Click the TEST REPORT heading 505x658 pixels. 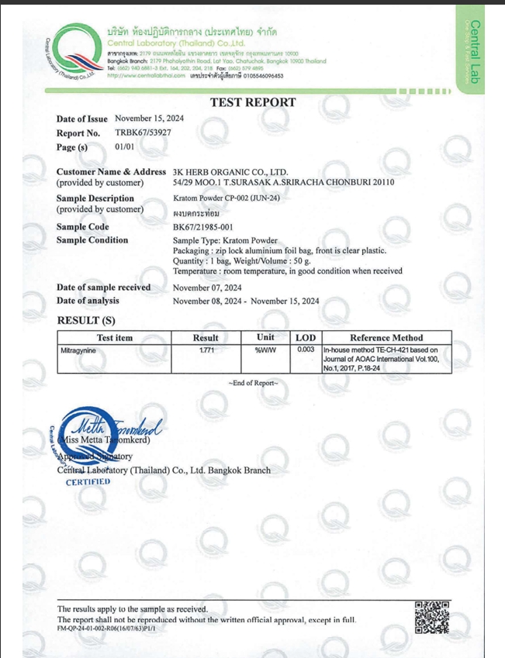click(253, 102)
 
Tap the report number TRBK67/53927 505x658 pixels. click(143, 133)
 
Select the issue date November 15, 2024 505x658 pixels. click(149, 119)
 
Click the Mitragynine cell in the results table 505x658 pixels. click(81, 351)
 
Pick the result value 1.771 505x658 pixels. click(206, 351)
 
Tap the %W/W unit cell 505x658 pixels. click(265, 351)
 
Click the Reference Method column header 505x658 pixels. click(386, 337)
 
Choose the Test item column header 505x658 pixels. click(115, 337)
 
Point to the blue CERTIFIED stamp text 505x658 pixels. click(88, 481)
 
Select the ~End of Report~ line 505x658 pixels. click(253, 384)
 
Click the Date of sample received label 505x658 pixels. click(103, 287)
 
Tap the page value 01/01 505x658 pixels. click(125, 146)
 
